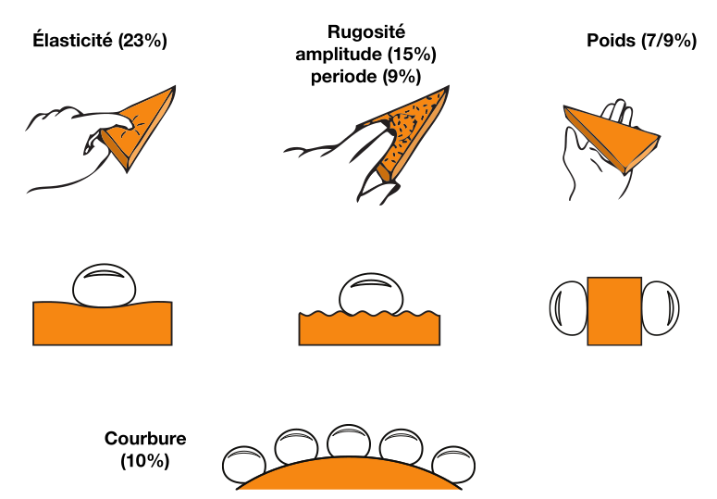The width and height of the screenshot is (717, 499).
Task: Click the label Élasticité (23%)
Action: coord(99,42)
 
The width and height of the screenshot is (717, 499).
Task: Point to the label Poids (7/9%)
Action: coord(641,42)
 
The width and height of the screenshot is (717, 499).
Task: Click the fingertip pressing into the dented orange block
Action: coord(103,286)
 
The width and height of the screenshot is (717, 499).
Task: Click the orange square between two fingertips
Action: coord(614,311)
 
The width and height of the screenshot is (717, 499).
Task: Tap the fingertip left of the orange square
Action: coord(568,309)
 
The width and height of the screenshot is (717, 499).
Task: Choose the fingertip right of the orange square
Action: coord(661,309)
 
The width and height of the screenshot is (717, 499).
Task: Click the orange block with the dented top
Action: coord(103,324)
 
